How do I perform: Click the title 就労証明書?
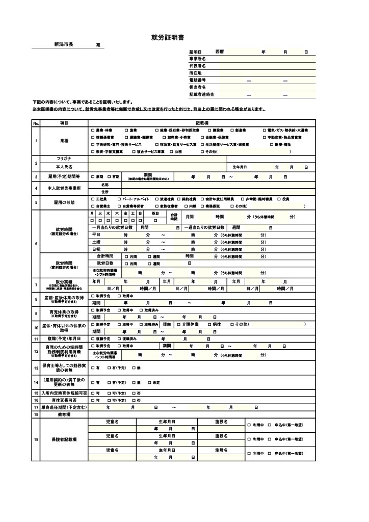click(x=168, y=38)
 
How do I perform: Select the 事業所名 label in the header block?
click(x=197, y=59)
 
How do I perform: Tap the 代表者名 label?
click(x=197, y=66)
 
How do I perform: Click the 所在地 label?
click(x=196, y=73)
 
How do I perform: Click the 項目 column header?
click(x=64, y=123)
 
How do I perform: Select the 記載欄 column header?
click(x=202, y=123)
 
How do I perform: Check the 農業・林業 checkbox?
click(x=93, y=130)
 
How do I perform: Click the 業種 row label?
click(x=64, y=141)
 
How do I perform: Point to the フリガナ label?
click(x=64, y=159)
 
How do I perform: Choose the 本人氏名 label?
click(x=64, y=167)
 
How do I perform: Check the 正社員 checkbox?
click(x=92, y=199)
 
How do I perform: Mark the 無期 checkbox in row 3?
click(x=93, y=177)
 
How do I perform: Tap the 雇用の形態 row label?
click(x=64, y=202)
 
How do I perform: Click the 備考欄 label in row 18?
click(x=64, y=415)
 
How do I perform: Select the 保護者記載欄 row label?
click(x=64, y=439)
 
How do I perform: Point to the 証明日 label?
click(x=196, y=52)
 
